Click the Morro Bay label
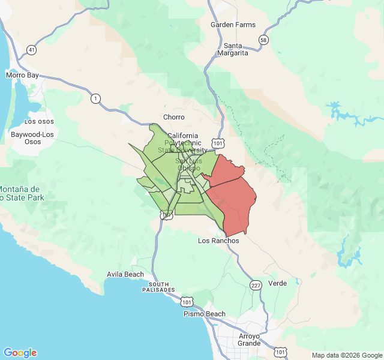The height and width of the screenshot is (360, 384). tap(22, 75)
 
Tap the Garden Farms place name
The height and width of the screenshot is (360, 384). tap(233, 25)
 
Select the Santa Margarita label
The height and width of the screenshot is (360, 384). tap(236, 49)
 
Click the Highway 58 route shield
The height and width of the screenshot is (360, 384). tap(263, 40)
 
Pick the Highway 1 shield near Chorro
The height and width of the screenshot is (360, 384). tap(95, 98)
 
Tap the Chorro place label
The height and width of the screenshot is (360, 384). tap(174, 117)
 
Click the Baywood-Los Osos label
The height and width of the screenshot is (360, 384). tap(32, 138)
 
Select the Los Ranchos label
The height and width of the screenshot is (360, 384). tap(218, 241)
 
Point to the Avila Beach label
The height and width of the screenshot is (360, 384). tap(125, 275)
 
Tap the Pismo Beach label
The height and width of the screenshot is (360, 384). tap(205, 314)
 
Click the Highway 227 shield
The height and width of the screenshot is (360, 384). tap(256, 285)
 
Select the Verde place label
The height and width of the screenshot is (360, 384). tap(278, 283)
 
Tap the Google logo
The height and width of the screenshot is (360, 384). tap(20, 353)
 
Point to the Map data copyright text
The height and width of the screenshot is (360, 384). tap(346, 355)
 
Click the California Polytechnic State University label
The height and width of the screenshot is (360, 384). tap(183, 143)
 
